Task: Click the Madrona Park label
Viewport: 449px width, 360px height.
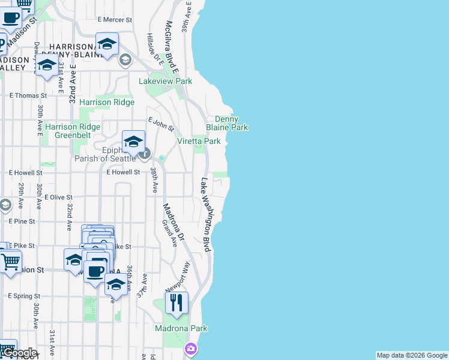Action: (x=181, y=328)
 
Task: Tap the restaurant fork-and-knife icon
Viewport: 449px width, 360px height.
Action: (x=176, y=303)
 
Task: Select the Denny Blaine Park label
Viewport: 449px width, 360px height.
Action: (x=227, y=124)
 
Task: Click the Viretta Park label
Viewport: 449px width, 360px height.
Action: (x=199, y=141)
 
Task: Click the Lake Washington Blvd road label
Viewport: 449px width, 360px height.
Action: (x=207, y=214)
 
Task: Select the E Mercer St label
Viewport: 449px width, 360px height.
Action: (x=113, y=20)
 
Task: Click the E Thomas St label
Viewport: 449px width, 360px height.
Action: (x=28, y=95)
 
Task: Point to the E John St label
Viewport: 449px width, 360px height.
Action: (x=161, y=124)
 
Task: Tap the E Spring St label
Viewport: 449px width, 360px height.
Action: (x=23, y=296)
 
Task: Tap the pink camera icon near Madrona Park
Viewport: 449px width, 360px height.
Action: (x=191, y=348)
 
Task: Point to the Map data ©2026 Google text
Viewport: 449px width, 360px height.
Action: (x=412, y=355)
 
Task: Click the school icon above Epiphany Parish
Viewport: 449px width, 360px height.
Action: (x=133, y=142)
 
